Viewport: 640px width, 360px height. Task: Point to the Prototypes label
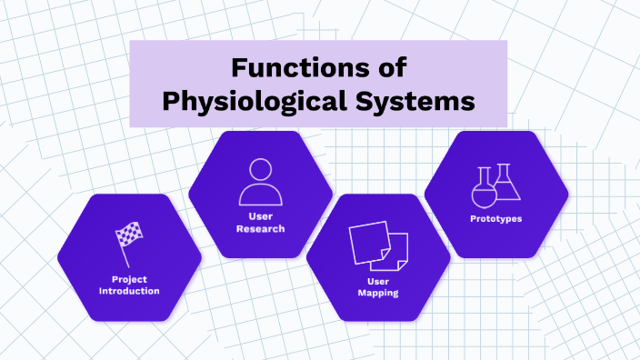(x=495, y=219)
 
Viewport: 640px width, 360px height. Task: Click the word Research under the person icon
(x=260, y=228)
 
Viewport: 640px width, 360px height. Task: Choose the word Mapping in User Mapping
(x=378, y=293)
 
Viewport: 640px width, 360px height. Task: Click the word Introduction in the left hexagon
(x=130, y=291)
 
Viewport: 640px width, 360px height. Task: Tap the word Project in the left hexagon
(x=130, y=279)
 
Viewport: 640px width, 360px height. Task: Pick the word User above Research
(x=260, y=216)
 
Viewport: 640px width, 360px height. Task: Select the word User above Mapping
(x=378, y=281)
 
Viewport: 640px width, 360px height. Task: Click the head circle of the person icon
(x=260, y=169)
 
